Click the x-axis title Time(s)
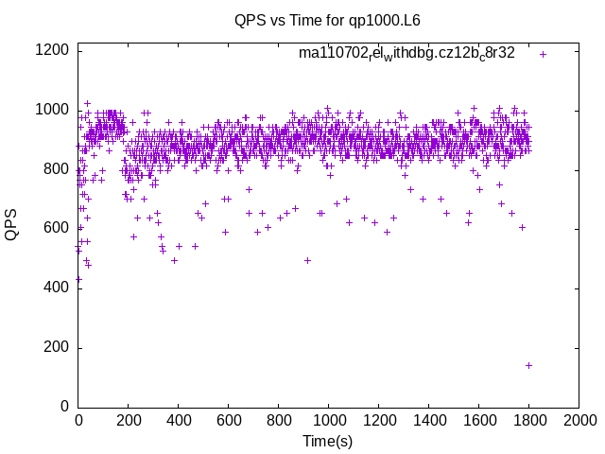(x=327, y=442)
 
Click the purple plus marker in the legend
(x=543, y=54)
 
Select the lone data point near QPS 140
(x=528, y=365)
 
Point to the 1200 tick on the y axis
(x=53, y=50)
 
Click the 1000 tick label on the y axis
(x=53, y=110)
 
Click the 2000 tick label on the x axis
(x=579, y=420)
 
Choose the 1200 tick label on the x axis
(x=378, y=420)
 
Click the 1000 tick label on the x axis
(x=328, y=420)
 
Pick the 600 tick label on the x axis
(x=228, y=420)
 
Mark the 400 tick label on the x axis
(x=178, y=420)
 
